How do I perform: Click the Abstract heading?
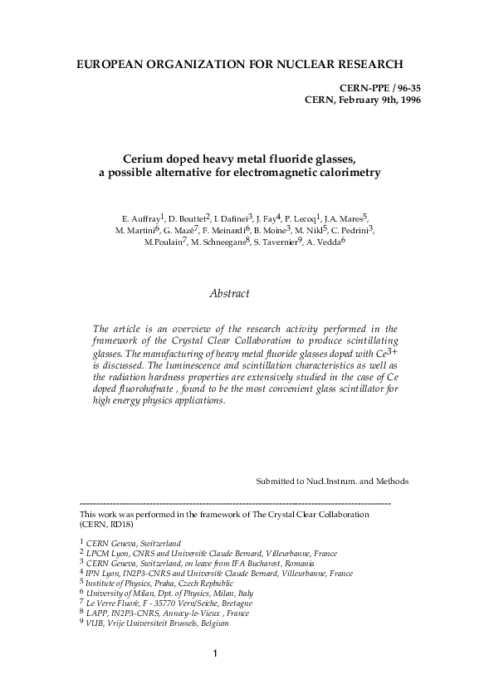(x=230, y=294)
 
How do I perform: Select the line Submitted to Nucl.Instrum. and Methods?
(x=332, y=481)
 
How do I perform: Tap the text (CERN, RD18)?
(x=107, y=525)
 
